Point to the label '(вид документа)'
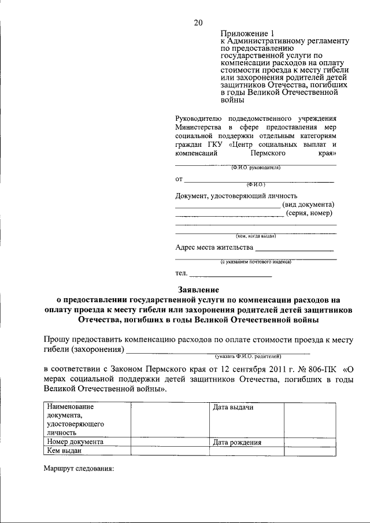pyautogui.click(x=308, y=204)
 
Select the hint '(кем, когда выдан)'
pyautogui.click(x=256, y=236)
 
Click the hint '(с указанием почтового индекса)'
pyautogui.click(x=256, y=262)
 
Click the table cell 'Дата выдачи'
pyautogui.click(x=234, y=407)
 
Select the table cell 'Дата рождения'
pyautogui.click(x=237, y=443)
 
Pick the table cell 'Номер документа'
pyautogui.click(x=76, y=442)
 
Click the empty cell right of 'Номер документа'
pyautogui.click(x=169, y=442)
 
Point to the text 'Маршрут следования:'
pyautogui.click(x=79, y=469)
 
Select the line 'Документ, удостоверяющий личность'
pyautogui.click(x=236, y=196)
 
